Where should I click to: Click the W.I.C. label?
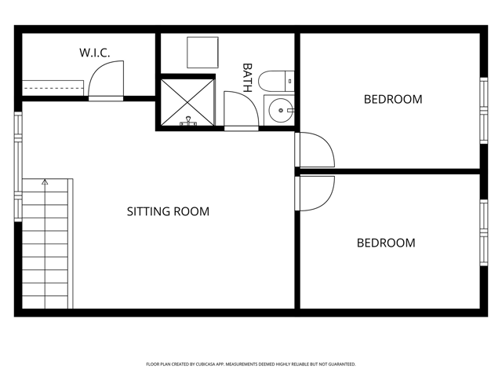94,53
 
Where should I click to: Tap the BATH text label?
247,78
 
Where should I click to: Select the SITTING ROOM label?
168,211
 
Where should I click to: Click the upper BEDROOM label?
393,100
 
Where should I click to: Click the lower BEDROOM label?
386,243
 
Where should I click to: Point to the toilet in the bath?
276,81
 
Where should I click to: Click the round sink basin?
281,110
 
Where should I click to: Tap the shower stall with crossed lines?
187,103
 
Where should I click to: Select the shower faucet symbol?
188,121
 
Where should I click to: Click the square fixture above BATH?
202,53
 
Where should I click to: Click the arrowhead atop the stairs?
45,182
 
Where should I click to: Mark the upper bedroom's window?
484,111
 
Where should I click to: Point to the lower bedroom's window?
484,232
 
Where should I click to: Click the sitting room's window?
18,167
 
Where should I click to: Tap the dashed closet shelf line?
53,88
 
